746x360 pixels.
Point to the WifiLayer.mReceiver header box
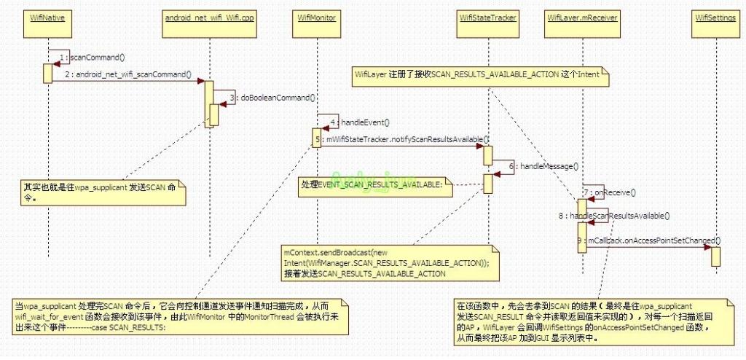(x=582, y=17)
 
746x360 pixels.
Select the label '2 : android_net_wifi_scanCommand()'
(x=127, y=74)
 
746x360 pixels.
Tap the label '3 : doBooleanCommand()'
(x=272, y=97)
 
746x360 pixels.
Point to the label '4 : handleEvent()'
(x=360, y=122)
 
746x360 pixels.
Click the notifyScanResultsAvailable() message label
(x=408, y=138)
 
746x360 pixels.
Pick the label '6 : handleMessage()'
(x=542, y=167)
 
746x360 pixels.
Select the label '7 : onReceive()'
(x=610, y=192)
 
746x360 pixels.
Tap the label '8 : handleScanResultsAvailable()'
(x=614, y=216)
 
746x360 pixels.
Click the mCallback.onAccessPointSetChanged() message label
(x=648, y=240)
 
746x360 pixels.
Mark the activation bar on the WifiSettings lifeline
(x=716, y=256)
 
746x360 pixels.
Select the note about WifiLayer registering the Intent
(x=477, y=74)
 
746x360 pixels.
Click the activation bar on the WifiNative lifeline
(x=47, y=72)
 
